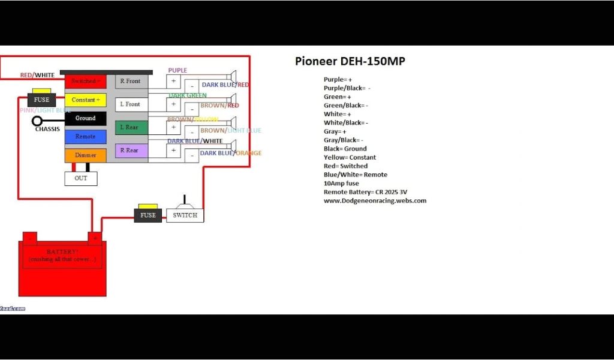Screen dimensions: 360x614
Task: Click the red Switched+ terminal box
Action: pyautogui.click(x=85, y=81)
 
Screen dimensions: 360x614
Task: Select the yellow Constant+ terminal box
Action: pyautogui.click(x=85, y=100)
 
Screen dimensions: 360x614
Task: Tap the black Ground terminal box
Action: pyautogui.click(x=85, y=119)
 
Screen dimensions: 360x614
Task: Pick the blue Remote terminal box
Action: pyautogui.click(x=85, y=137)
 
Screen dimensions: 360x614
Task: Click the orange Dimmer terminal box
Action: pyautogui.click(x=85, y=155)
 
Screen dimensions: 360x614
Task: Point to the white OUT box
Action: pyautogui.click(x=81, y=178)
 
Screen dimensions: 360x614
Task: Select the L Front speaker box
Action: pyautogui.click(x=131, y=104)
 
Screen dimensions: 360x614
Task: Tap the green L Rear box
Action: pyautogui.click(x=131, y=127)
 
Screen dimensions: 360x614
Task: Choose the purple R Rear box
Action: pyautogui.click(x=131, y=151)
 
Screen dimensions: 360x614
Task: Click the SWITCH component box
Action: pyautogui.click(x=185, y=215)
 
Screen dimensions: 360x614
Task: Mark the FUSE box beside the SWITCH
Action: pyautogui.click(x=148, y=215)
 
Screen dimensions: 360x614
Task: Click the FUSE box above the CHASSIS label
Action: pyautogui.click(x=41, y=100)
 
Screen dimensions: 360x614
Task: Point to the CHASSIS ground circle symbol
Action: pyautogui.click(x=37, y=121)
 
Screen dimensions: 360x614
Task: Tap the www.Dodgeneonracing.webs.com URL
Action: pyautogui.click(x=375, y=201)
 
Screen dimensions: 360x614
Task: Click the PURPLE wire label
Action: pyautogui.click(x=177, y=71)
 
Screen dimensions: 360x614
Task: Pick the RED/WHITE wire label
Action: pyautogui.click(x=37, y=76)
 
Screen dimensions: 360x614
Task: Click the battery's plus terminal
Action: pyautogui.click(x=94, y=238)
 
